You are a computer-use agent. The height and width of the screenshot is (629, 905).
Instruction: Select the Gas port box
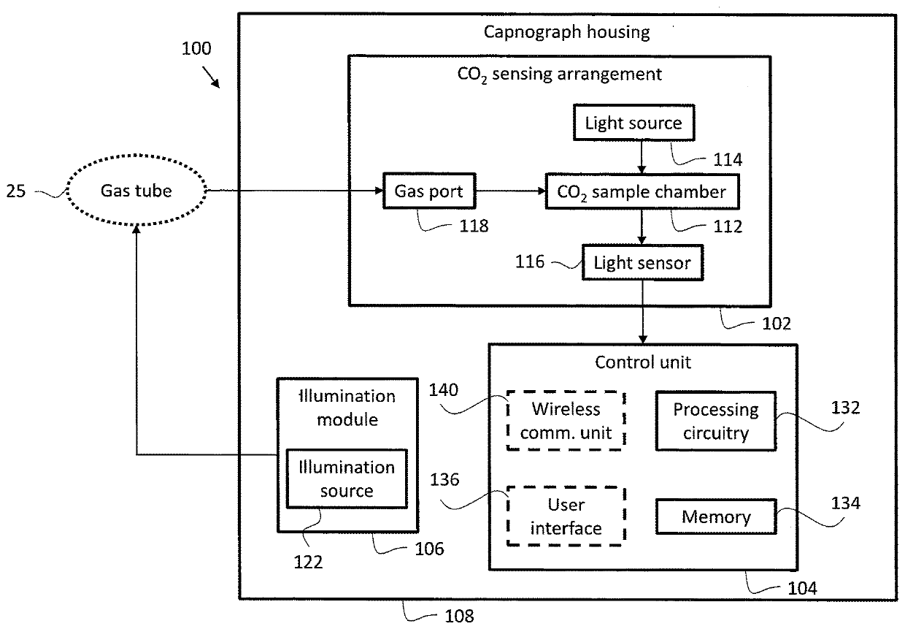(x=425, y=192)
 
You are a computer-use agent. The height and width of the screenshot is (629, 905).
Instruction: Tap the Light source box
(x=633, y=123)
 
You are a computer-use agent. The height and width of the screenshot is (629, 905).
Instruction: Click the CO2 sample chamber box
(x=642, y=192)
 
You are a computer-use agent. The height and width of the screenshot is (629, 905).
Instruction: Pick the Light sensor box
(x=642, y=262)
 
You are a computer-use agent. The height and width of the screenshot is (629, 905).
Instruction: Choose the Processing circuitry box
(x=715, y=421)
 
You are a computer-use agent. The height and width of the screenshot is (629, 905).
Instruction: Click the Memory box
(x=715, y=517)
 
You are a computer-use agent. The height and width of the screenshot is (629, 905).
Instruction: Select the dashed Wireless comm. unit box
(x=566, y=421)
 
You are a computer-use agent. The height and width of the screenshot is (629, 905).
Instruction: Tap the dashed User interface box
(x=566, y=516)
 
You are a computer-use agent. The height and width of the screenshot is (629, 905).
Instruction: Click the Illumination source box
(x=347, y=479)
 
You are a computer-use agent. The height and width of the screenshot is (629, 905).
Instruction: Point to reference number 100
(x=196, y=50)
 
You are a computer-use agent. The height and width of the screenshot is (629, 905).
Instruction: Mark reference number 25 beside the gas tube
(x=16, y=192)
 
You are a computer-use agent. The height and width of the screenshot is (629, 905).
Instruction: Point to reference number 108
(x=458, y=616)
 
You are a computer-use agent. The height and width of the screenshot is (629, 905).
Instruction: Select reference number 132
(x=844, y=408)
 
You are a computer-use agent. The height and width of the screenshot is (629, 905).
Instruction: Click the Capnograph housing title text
(x=566, y=32)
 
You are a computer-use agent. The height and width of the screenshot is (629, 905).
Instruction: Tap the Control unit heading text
(x=642, y=362)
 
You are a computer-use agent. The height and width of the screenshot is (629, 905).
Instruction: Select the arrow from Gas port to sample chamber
(x=510, y=192)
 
